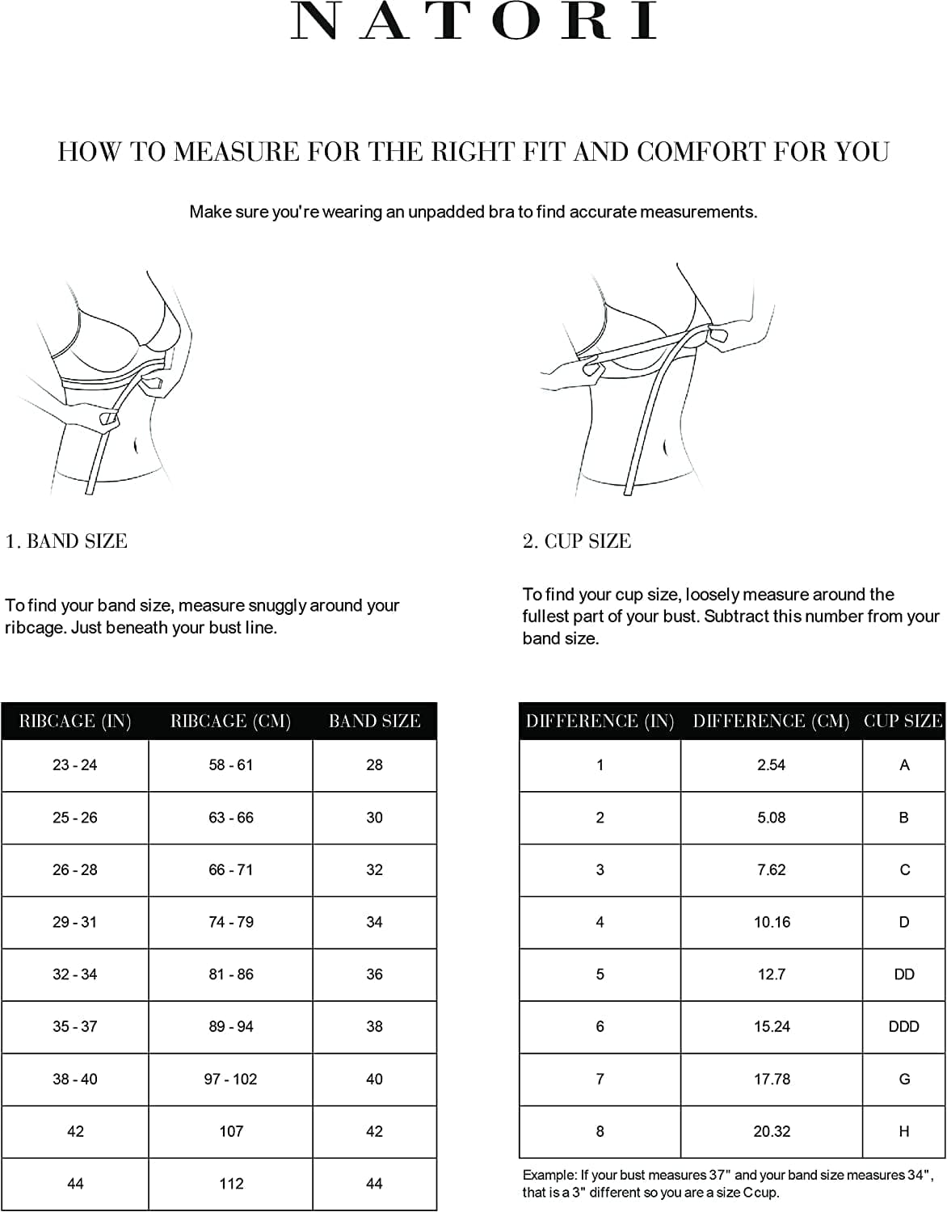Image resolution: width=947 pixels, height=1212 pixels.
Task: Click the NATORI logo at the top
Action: (473, 22)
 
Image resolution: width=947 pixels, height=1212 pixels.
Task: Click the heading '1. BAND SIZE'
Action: (66, 541)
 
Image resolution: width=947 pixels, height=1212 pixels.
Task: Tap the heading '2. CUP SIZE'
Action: (576, 541)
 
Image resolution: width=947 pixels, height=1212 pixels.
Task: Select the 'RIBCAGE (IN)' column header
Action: (75, 722)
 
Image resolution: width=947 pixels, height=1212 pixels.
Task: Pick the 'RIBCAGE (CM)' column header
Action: (230, 722)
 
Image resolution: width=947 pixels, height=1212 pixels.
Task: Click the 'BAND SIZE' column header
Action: (374, 722)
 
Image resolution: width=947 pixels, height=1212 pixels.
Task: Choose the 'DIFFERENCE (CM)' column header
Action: (771, 722)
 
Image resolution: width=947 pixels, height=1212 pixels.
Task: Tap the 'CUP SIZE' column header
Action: (903, 722)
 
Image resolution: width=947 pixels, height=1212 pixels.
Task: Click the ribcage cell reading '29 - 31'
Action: (75, 922)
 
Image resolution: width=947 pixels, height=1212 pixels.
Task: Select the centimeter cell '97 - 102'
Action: (230, 1079)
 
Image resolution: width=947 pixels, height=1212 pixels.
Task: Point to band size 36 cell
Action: (374, 974)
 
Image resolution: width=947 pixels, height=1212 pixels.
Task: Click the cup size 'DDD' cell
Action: (903, 1026)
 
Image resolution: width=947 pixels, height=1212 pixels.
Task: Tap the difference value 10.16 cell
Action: (772, 922)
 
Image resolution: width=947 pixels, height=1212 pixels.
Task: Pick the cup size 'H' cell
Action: (903, 1131)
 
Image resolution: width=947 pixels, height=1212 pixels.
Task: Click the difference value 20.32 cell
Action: (772, 1131)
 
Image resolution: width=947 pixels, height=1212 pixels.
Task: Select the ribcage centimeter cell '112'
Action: (231, 1184)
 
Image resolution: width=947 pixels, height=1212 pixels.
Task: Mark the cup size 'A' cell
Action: (904, 765)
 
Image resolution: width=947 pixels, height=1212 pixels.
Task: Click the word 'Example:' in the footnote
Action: (549, 1175)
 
